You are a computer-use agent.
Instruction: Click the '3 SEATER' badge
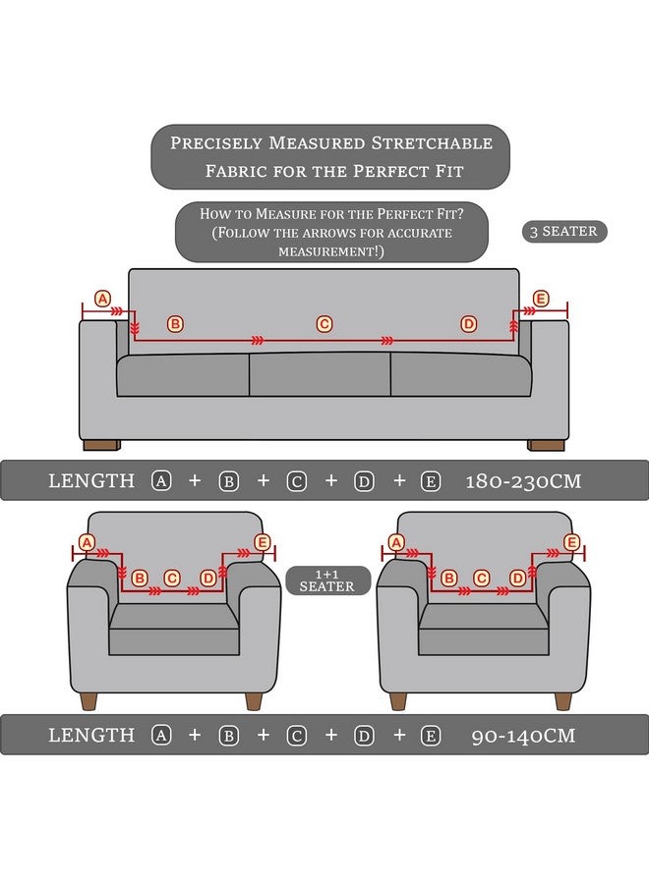pyautogui.click(x=563, y=232)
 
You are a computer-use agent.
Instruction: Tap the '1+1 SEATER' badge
pyautogui.click(x=327, y=580)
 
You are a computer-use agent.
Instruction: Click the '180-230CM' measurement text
pyautogui.click(x=523, y=481)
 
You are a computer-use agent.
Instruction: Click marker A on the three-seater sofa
pyautogui.click(x=101, y=298)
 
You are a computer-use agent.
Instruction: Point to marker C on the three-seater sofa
pyautogui.click(x=324, y=324)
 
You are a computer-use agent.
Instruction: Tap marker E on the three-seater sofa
pyautogui.click(x=540, y=298)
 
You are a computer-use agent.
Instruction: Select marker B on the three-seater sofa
pyautogui.click(x=175, y=324)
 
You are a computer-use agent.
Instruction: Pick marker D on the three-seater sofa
pyautogui.click(x=468, y=324)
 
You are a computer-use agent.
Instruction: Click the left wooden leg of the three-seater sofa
pyautogui.click(x=100, y=445)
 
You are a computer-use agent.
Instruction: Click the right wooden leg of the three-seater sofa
pyautogui.click(x=546, y=445)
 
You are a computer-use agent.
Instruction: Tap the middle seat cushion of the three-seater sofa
pyautogui.click(x=320, y=375)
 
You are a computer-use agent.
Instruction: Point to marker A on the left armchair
pyautogui.click(x=86, y=542)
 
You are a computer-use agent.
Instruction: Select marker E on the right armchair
pyautogui.click(x=572, y=542)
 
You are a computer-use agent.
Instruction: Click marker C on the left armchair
pyautogui.click(x=172, y=579)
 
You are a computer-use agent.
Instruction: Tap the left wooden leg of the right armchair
pyautogui.click(x=397, y=700)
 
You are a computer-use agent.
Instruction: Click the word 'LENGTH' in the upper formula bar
pyautogui.click(x=91, y=481)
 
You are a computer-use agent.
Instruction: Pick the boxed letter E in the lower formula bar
pyautogui.click(x=430, y=735)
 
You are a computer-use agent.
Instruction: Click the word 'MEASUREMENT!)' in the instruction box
pyautogui.click(x=330, y=251)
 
